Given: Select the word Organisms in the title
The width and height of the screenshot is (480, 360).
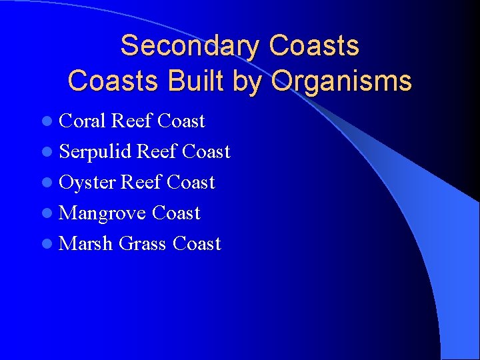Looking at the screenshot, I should point(341,81).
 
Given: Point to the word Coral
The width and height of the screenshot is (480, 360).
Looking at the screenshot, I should point(82,121).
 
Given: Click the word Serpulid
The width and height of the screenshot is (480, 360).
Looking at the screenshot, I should point(94,152).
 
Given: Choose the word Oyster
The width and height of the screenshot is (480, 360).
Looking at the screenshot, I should point(87,183).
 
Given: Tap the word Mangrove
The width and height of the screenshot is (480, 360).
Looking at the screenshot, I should point(102,213).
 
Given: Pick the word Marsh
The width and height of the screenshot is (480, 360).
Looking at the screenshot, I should point(85,243).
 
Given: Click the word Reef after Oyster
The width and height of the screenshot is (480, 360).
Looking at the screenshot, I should point(141,183).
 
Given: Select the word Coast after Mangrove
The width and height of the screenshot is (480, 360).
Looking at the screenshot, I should point(176,213).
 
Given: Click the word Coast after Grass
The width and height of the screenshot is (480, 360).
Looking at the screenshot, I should point(196,244).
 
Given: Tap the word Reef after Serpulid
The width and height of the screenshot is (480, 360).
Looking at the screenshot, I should point(155,152).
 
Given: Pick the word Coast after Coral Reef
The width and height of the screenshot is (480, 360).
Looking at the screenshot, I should point(181,121).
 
